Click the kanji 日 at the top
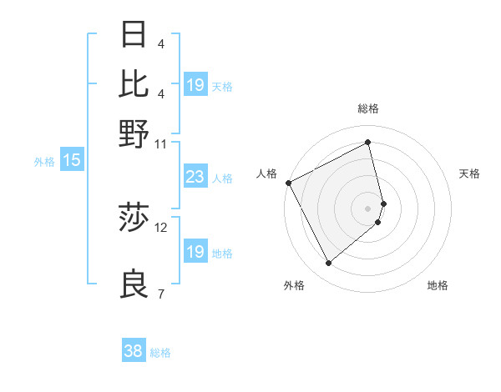click(x=134, y=36)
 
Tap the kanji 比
click(x=134, y=84)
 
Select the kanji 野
click(x=134, y=133)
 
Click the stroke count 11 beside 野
click(x=160, y=143)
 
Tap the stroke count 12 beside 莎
click(x=160, y=227)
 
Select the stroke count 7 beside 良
click(x=160, y=294)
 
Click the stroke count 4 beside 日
click(x=160, y=44)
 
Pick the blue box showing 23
click(x=195, y=177)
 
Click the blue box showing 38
click(x=133, y=351)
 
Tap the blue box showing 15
click(x=71, y=161)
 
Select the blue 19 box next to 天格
click(x=195, y=85)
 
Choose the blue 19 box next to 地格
click(x=195, y=252)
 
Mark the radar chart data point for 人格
click(x=288, y=183)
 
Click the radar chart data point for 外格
click(x=328, y=264)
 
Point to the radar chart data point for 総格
click(x=368, y=143)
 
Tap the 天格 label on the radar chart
click(x=469, y=173)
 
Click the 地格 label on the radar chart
click(x=438, y=285)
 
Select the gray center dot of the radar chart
click(x=368, y=208)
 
